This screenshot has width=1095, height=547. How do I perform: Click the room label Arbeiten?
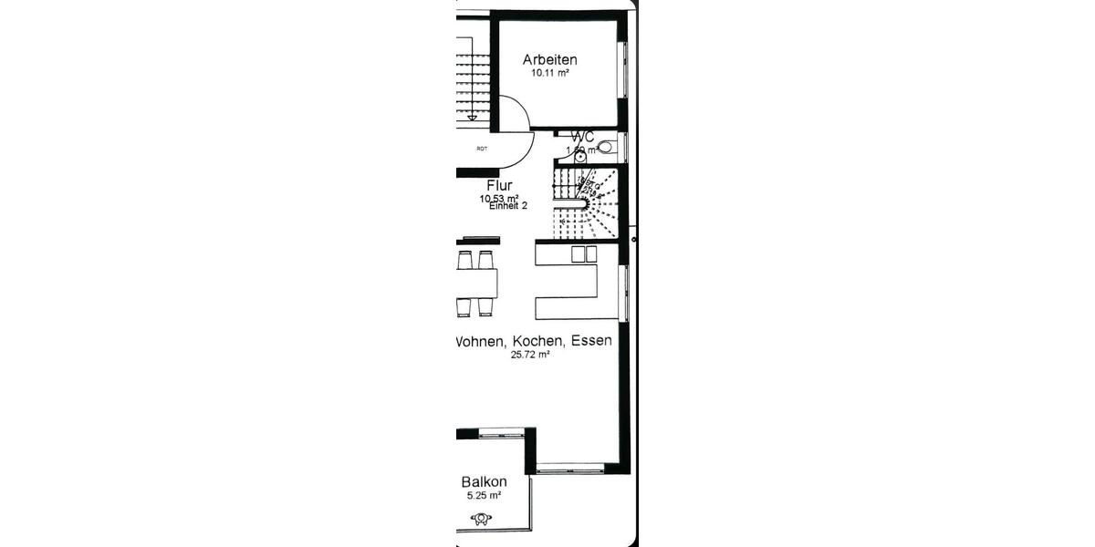click(549, 60)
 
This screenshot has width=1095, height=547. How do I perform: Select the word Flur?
click(499, 186)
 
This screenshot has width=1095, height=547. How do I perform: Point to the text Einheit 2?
click(508, 207)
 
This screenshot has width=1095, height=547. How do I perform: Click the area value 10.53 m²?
click(499, 198)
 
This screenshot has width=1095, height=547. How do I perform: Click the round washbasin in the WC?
click(580, 156)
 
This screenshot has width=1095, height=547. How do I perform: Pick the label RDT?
click(481, 149)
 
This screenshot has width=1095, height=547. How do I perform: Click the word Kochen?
click(533, 341)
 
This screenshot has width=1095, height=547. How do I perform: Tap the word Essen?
click(590, 341)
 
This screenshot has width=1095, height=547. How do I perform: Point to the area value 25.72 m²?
click(530, 356)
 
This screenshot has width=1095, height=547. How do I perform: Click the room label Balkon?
click(484, 482)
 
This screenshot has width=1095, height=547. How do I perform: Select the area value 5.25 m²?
click(483, 496)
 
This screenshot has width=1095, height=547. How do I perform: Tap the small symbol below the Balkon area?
click(481, 519)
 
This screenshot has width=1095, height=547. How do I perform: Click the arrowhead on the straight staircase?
click(472, 116)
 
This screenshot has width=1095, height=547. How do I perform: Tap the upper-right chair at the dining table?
click(485, 260)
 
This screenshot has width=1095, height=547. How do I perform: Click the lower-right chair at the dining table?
click(485, 306)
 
